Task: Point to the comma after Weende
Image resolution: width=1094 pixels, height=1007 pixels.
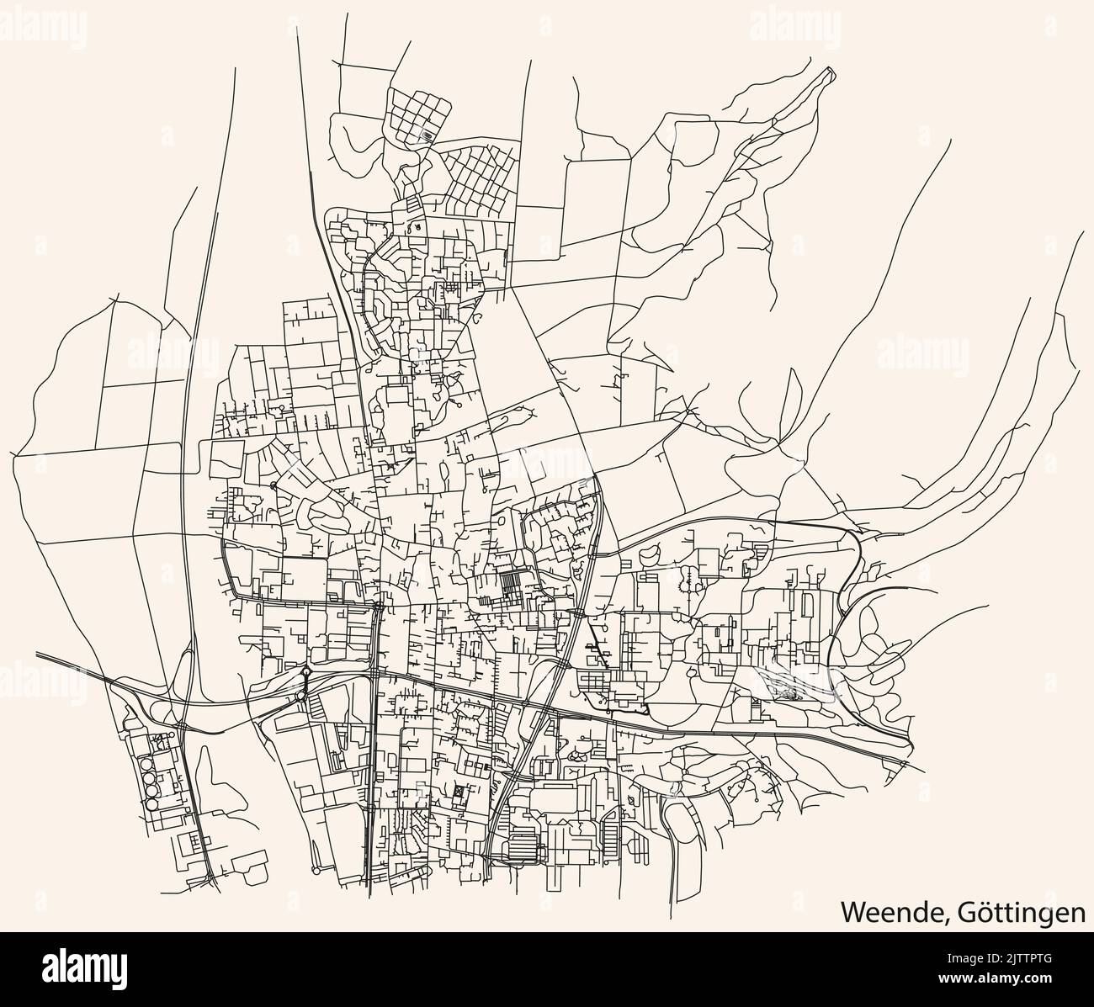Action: [x=941, y=919]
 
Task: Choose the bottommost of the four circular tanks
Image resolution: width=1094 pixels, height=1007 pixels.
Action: [x=151, y=804]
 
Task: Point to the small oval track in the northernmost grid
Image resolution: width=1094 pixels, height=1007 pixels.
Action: [x=428, y=135]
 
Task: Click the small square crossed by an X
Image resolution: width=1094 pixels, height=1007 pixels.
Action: [x=458, y=792]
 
